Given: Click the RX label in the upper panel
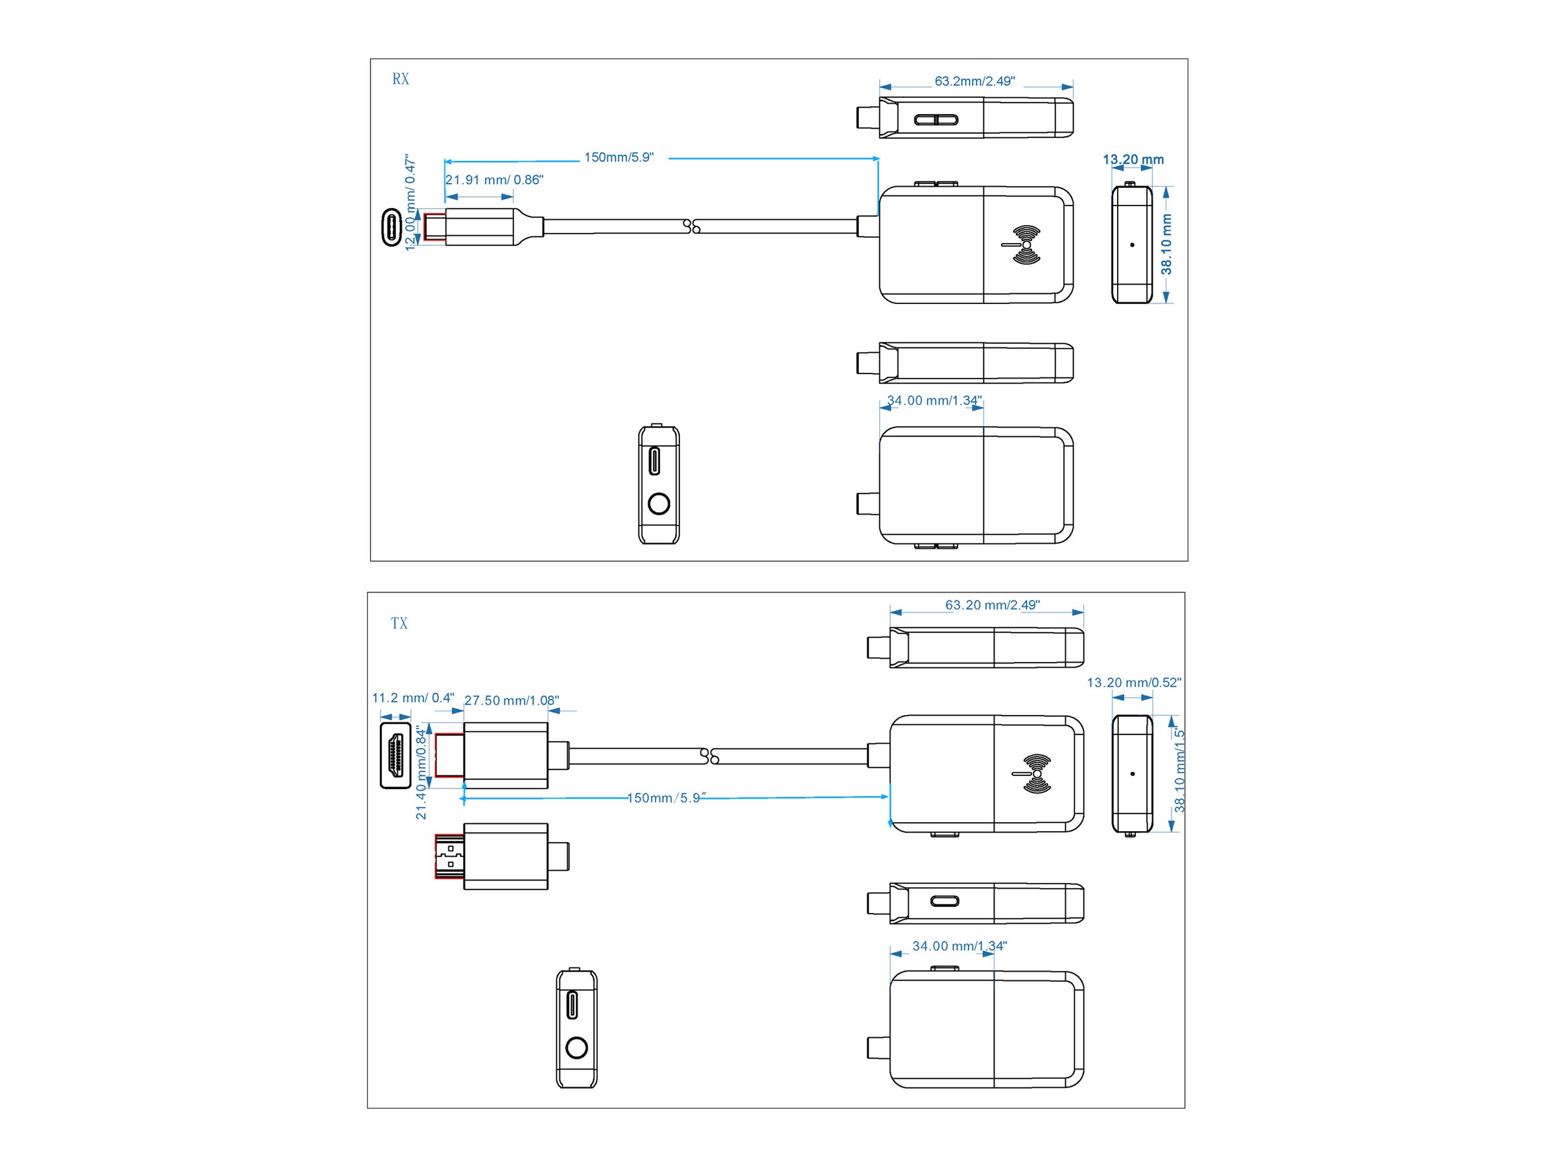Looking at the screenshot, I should click(400, 79).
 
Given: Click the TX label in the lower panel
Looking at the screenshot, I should click(399, 623).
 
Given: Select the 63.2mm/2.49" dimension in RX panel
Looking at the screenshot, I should click(974, 82).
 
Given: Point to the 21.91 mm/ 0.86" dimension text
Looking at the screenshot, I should click(494, 180).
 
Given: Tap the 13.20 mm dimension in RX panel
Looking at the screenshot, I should click(1133, 159).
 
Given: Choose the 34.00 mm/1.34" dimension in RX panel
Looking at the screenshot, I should click(934, 401).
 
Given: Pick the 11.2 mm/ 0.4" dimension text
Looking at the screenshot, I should click(413, 698).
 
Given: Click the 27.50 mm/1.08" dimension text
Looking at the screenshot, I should click(512, 701).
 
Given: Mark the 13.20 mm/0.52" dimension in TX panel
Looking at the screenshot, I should click(1134, 682).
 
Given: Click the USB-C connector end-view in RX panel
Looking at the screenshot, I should click(391, 227).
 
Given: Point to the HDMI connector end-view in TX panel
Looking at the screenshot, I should click(395, 755).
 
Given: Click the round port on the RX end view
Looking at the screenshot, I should click(659, 504).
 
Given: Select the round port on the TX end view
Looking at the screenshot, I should click(576, 1048).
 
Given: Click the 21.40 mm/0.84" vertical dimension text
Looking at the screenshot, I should click(421, 772).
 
